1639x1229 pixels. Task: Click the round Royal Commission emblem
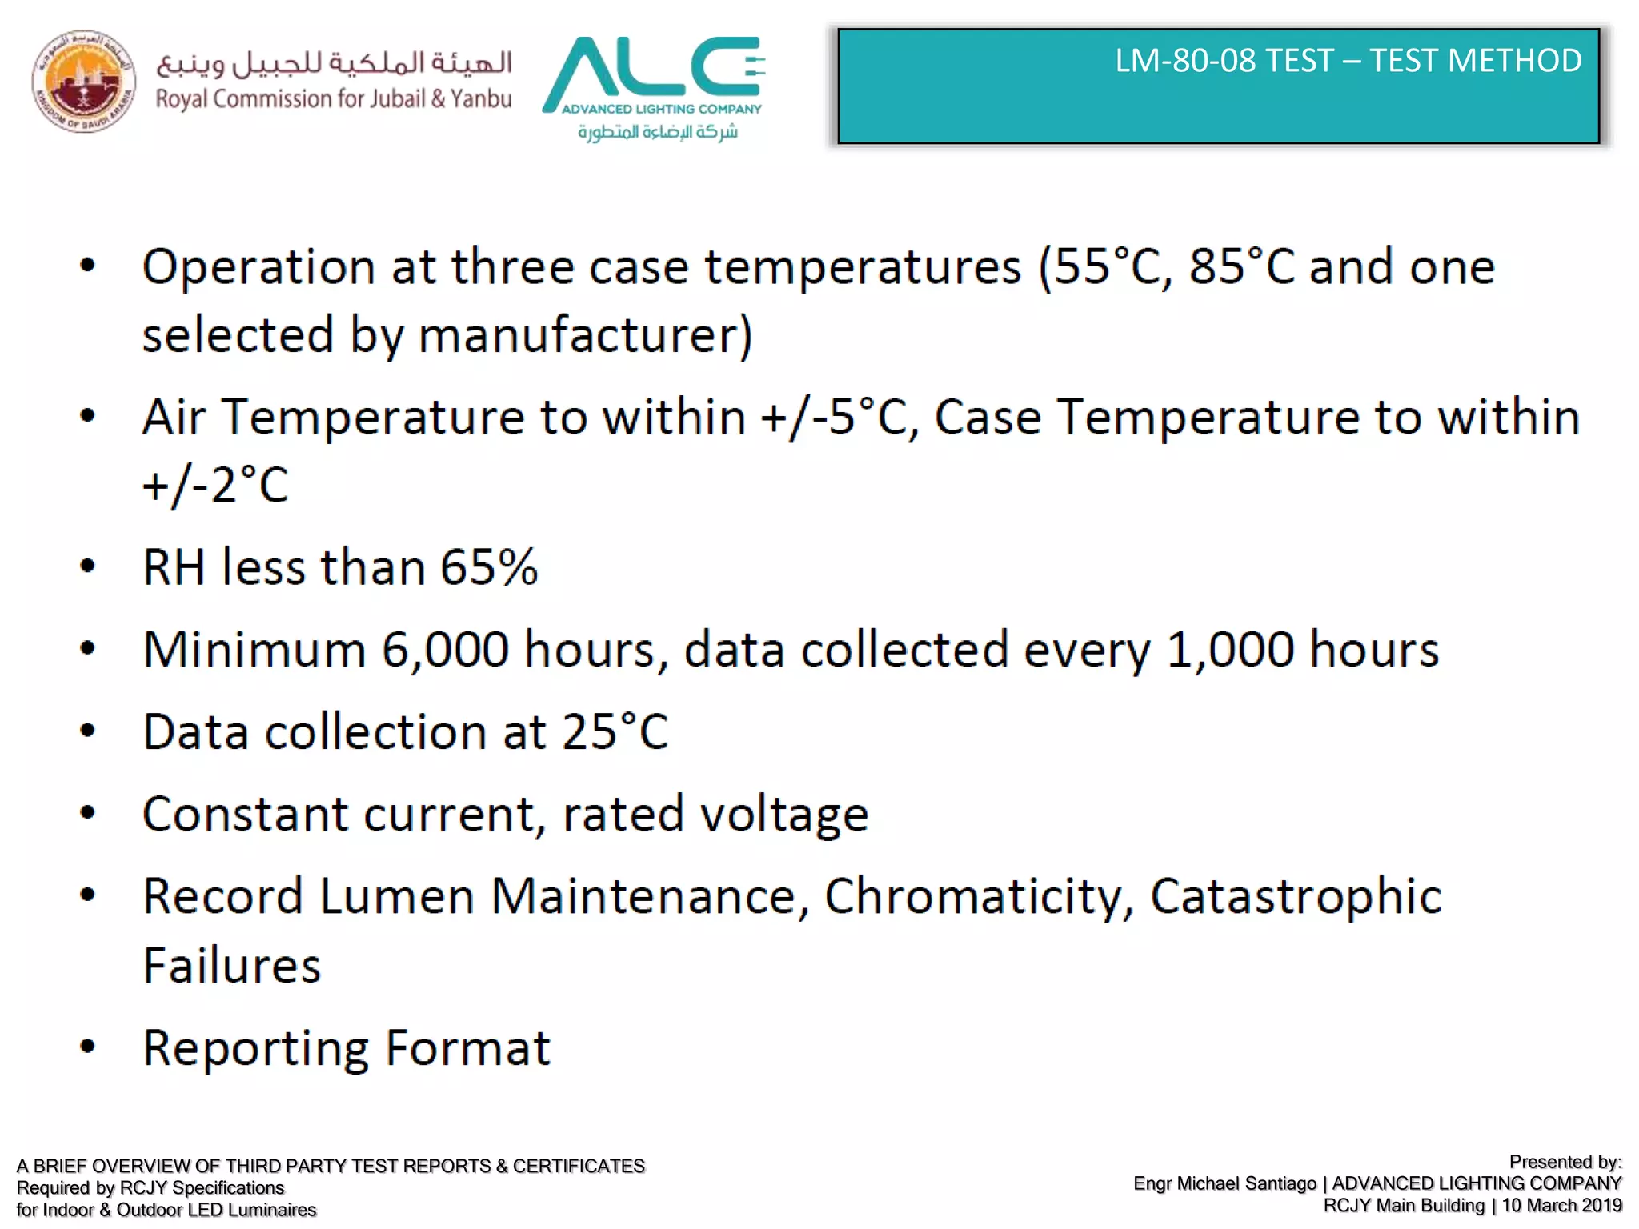point(83,82)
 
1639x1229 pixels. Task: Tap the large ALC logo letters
point(652,67)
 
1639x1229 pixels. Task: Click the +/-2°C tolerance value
point(214,486)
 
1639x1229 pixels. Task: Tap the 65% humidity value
point(489,567)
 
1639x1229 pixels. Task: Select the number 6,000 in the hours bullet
point(445,649)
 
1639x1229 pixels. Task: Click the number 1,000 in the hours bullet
point(1229,649)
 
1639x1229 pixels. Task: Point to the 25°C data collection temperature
point(615,731)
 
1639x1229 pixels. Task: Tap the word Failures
point(232,966)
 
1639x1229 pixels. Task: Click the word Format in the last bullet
point(467,1048)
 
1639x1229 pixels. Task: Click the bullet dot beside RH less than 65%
point(88,567)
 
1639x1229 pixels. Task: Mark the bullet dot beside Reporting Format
point(88,1047)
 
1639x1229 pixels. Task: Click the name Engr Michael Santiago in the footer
point(1224,1183)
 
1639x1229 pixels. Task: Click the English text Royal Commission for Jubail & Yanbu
point(333,99)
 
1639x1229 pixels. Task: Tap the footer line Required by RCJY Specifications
point(150,1188)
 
